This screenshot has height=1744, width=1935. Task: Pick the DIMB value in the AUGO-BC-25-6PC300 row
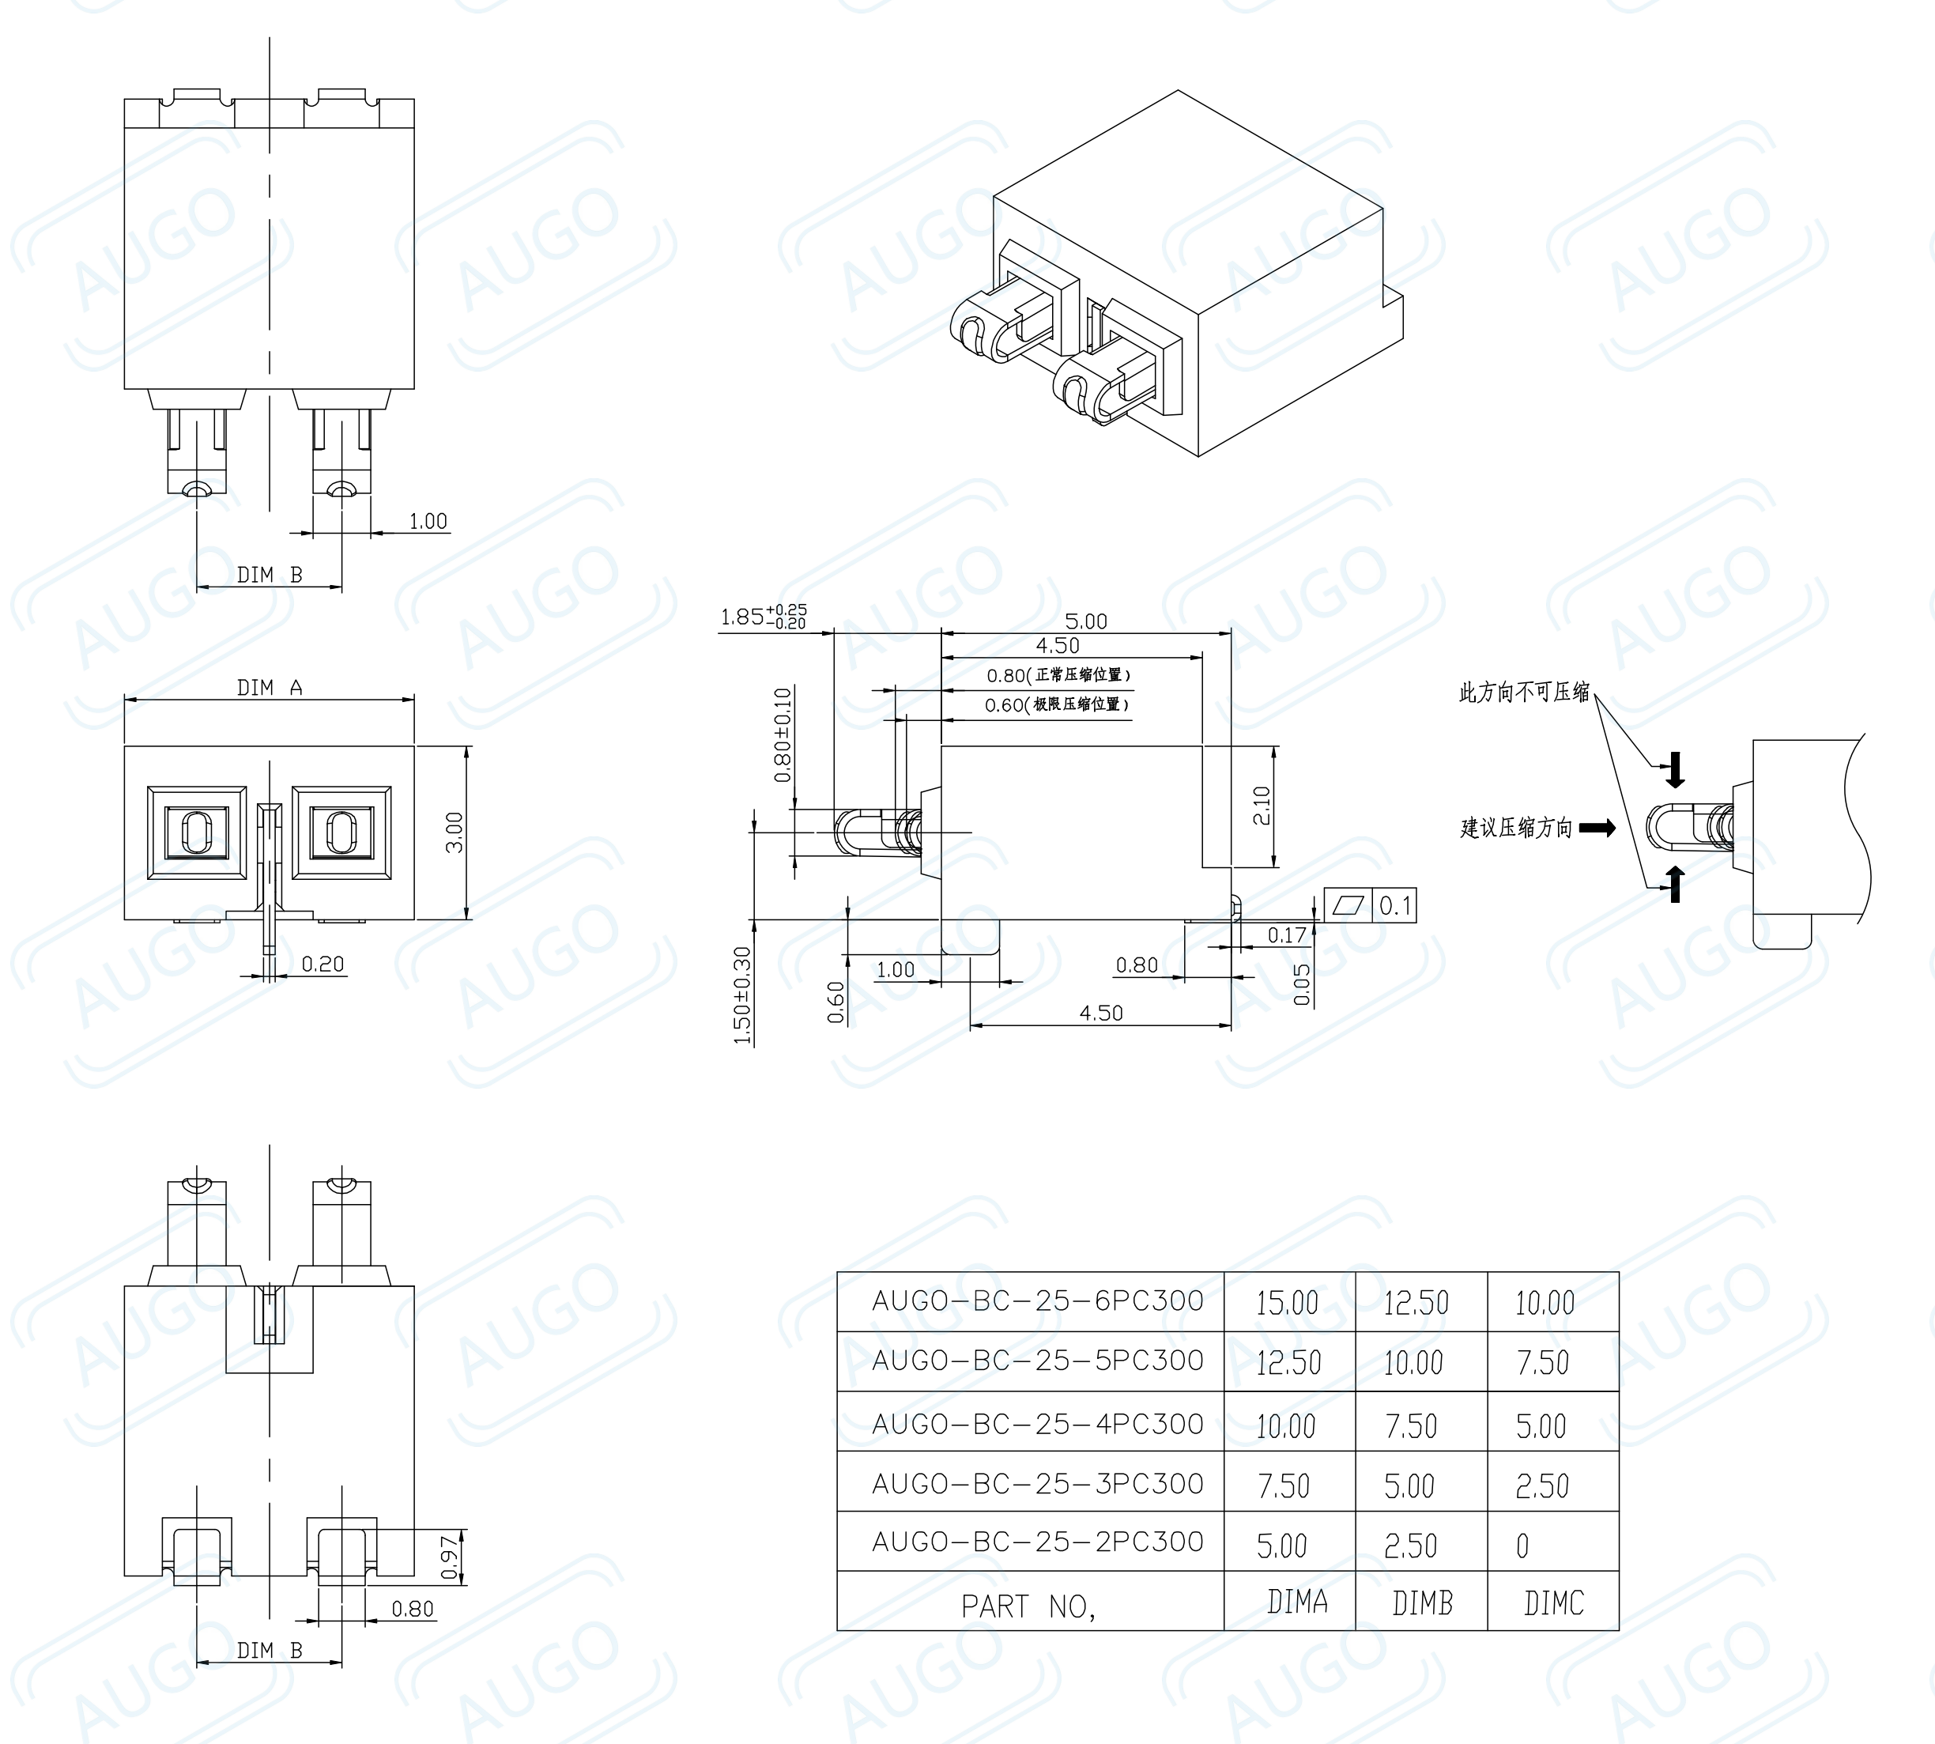1416,1303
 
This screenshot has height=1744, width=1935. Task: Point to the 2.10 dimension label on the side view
1262,805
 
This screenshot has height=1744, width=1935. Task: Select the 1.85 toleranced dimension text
764,616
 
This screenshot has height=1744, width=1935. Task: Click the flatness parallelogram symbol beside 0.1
1348,905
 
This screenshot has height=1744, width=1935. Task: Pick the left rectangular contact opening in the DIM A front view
195,832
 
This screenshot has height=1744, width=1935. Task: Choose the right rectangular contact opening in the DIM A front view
341,832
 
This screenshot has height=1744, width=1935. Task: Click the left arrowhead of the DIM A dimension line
126,700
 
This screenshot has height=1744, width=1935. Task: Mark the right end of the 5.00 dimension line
1232,632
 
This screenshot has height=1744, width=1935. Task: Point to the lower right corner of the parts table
1619,1631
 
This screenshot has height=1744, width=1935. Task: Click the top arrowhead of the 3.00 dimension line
466,747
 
